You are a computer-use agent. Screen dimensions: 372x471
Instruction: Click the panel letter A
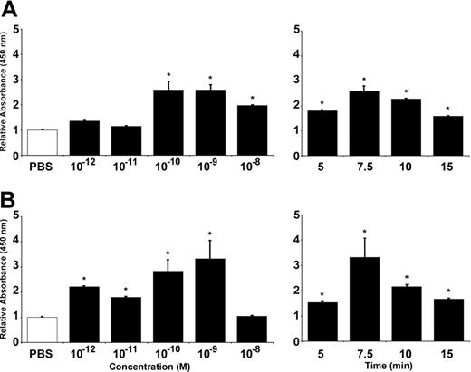click(12, 10)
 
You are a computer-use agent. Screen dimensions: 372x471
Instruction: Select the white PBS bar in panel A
click(42, 143)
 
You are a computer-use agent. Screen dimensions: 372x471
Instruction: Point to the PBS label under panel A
click(42, 167)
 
